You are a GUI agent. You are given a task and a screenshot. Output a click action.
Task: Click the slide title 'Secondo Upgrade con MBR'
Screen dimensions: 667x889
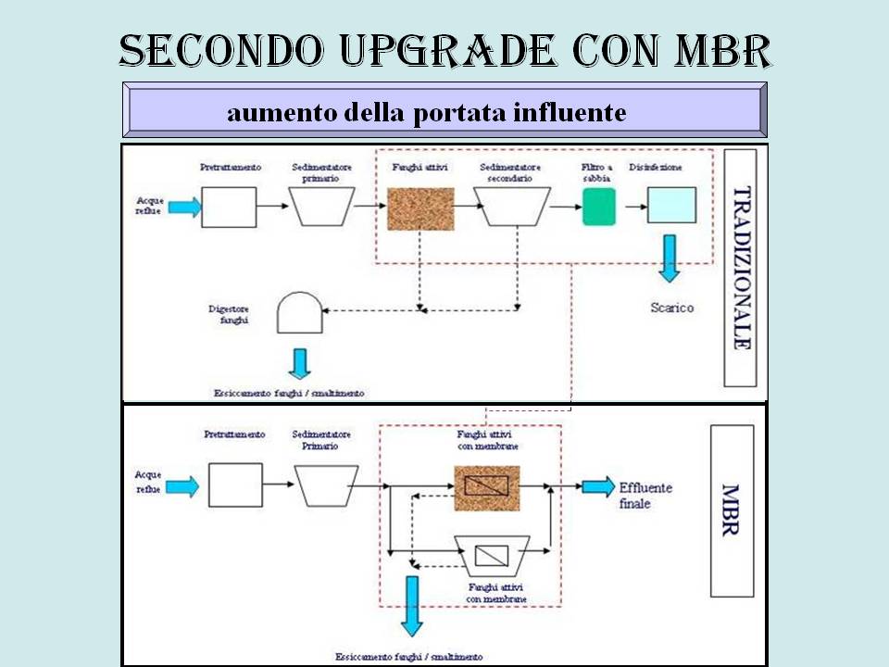(x=444, y=52)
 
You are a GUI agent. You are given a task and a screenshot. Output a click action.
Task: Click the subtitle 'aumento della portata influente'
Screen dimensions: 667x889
(x=426, y=113)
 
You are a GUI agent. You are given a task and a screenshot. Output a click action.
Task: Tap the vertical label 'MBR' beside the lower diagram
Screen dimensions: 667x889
(x=731, y=510)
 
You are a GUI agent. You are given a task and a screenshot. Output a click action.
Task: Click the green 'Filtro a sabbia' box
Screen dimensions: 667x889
(x=598, y=207)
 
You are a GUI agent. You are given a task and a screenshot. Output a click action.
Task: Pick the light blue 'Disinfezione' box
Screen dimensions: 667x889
(x=671, y=206)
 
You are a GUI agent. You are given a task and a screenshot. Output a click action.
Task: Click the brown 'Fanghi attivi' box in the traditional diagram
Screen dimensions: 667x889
(x=419, y=208)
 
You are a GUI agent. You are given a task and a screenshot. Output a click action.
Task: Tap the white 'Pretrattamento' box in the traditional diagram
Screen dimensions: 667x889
(x=229, y=207)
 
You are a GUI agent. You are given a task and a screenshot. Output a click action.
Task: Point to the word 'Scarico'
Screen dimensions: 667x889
(x=671, y=308)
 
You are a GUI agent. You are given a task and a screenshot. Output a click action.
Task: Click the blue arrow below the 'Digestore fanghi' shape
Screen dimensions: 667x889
(x=299, y=362)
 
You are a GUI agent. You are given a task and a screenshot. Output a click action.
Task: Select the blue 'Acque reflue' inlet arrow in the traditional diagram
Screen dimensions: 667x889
(x=184, y=207)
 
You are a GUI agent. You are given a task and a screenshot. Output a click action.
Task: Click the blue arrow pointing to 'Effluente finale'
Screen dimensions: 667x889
(x=597, y=486)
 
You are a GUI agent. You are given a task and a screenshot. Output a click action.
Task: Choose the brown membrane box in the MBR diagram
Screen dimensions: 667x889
(x=486, y=485)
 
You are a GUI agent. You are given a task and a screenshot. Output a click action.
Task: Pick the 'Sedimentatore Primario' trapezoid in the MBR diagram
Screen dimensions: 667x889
(x=327, y=485)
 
